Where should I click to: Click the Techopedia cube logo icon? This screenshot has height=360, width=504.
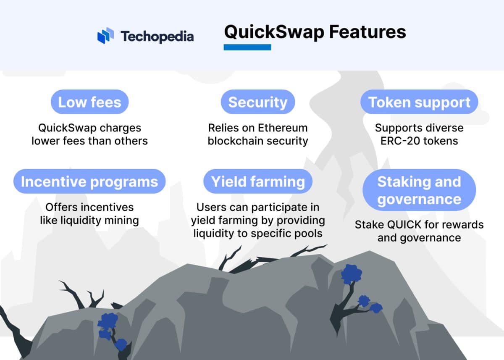[105, 36]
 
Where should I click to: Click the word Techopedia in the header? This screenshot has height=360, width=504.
[157, 37]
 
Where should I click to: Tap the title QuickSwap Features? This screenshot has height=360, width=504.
[315, 32]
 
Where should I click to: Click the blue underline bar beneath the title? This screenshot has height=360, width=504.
[247, 47]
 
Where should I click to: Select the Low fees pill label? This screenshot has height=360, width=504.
[89, 102]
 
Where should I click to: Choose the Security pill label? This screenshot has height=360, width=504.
[258, 102]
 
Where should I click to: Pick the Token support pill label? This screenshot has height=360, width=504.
[419, 102]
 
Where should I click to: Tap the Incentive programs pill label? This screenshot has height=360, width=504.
[89, 181]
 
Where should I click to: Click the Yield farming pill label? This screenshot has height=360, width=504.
[258, 181]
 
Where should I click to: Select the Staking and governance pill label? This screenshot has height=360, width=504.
[419, 190]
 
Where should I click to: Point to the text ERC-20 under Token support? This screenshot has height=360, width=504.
[399, 141]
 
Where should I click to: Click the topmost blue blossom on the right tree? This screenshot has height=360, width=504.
[352, 274]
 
